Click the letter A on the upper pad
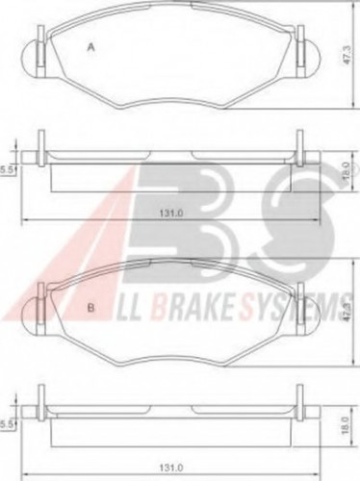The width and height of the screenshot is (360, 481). pos(91,46)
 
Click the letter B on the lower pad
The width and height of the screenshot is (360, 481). pos(91,308)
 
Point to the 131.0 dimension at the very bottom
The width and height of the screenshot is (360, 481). pos(174,468)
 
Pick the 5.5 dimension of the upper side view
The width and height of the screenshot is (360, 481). pos(7,169)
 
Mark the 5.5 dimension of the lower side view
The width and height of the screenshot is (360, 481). pos(7,422)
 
